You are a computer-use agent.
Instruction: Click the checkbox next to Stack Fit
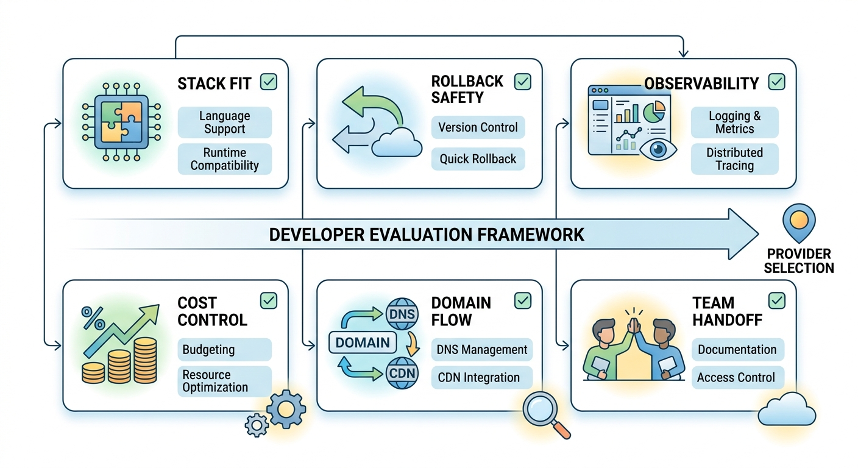[x=269, y=82]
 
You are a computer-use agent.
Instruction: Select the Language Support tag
[x=225, y=122]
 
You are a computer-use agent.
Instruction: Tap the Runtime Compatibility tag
[x=225, y=159]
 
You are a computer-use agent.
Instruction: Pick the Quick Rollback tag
[x=478, y=159]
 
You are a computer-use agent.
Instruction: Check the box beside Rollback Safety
[x=522, y=82]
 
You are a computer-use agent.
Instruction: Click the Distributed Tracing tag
[x=734, y=159]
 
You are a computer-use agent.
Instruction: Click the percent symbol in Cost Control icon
[x=93, y=316]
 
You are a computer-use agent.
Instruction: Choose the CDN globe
[x=401, y=372]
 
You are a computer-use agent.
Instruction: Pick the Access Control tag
[x=736, y=377]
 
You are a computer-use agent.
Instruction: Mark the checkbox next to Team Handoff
[x=776, y=300]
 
